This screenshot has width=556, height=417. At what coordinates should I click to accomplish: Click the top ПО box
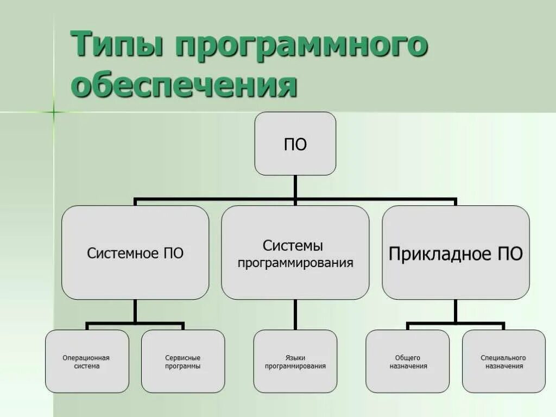coord(295,144)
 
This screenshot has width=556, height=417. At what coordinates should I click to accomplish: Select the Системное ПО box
coord(135,252)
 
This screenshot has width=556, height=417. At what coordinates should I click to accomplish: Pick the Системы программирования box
coord(295,252)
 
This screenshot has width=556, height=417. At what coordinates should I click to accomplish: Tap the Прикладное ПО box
coord(456,252)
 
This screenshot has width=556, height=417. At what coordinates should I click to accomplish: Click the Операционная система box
coord(87,362)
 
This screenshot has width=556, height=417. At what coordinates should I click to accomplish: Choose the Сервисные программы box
coord(183,362)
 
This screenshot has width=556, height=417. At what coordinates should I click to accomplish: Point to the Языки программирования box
coord(295,362)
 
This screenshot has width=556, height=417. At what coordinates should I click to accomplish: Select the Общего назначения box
coord(408,362)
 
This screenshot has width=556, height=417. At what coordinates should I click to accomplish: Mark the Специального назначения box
coord(503,362)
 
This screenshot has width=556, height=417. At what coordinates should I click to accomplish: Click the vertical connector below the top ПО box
coord(295,187)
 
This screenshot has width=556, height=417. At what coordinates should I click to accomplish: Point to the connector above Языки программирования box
coord(295,315)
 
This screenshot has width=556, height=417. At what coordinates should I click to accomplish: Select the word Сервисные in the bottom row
coord(183,358)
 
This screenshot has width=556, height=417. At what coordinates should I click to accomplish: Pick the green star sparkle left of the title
coord(54,112)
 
